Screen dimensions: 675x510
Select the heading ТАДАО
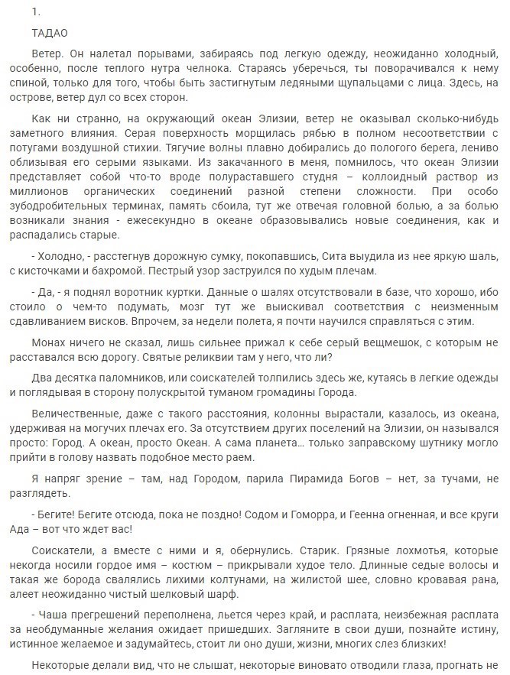(x=50, y=34)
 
